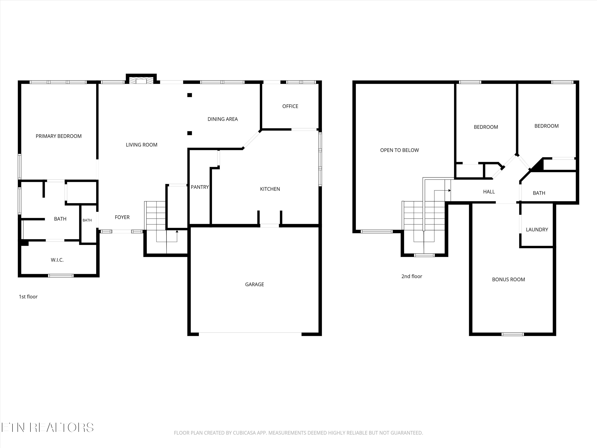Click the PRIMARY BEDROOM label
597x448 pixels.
59,136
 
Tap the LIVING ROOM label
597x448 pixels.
141,145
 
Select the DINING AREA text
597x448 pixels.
222,119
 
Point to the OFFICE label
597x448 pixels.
290,106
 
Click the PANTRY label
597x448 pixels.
200,187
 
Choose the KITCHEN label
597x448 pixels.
270,189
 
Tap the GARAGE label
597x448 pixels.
255,284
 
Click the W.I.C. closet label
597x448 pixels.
57,260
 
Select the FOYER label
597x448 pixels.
122,217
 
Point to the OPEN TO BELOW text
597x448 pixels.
399,150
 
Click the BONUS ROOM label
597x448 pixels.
508,280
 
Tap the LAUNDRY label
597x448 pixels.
537,230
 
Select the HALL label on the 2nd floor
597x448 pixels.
489,192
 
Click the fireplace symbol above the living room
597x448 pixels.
141,80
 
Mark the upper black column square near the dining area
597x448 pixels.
190,95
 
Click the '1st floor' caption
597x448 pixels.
28,296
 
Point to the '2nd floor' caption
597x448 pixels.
412,276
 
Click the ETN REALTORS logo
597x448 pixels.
48,427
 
